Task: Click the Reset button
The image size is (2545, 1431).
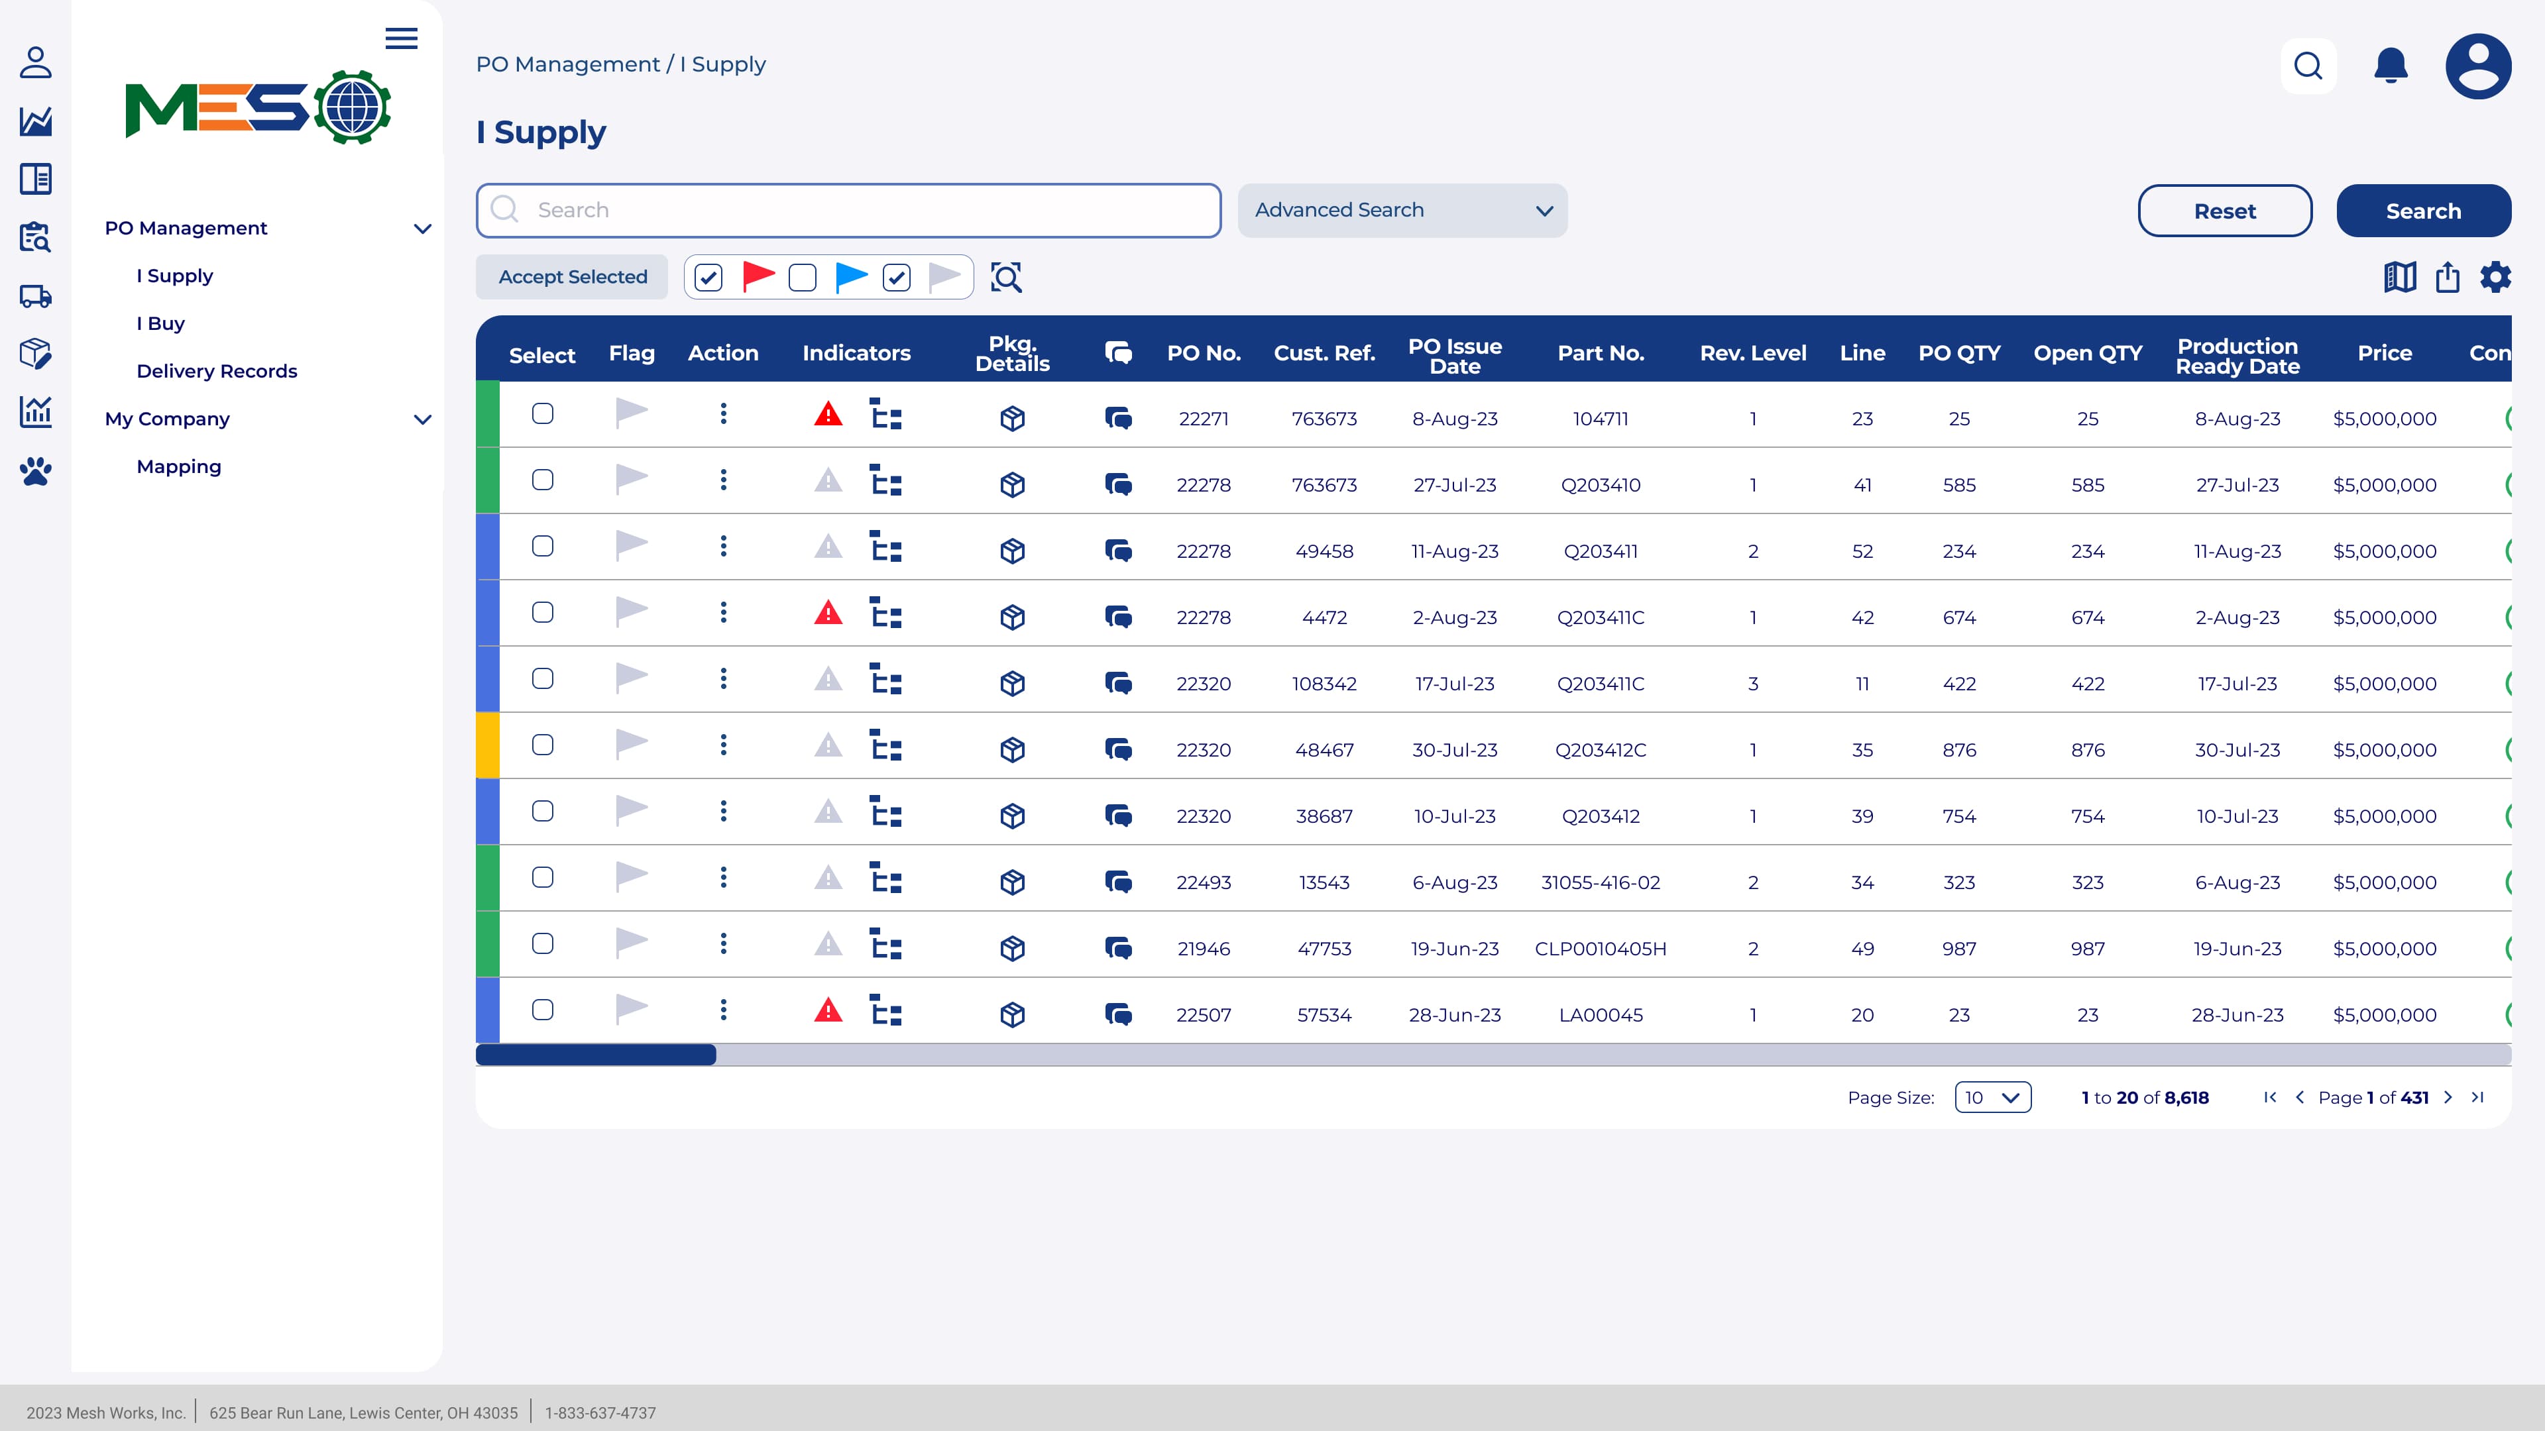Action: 2224,211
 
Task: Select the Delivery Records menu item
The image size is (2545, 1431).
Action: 216,371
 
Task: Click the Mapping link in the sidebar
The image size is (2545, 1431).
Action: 179,466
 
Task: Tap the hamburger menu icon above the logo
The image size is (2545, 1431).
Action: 401,38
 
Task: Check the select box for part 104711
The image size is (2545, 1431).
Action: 542,414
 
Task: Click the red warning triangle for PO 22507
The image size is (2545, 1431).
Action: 828,1010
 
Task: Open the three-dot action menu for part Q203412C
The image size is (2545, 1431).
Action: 723,745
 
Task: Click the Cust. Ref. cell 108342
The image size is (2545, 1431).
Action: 1324,684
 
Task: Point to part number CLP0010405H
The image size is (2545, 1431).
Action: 1599,948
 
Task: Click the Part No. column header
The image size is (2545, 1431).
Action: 1601,352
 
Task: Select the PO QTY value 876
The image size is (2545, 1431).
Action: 1958,749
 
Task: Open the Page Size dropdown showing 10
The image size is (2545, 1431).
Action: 1992,1097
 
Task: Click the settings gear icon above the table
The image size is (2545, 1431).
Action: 2495,276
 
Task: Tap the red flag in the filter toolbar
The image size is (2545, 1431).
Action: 758,276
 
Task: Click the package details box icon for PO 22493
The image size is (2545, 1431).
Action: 1011,882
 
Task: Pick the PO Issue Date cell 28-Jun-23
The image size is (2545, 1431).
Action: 1454,1014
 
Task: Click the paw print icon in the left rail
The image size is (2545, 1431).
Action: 36,471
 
